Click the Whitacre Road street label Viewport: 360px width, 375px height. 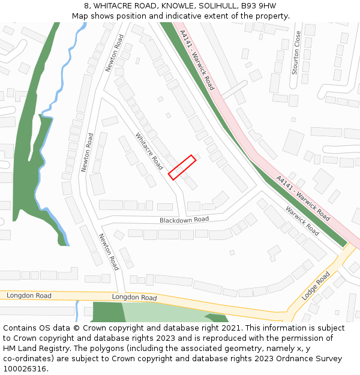[149, 151]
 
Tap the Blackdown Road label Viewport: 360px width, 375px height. [184, 220]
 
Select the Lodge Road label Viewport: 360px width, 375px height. [316, 286]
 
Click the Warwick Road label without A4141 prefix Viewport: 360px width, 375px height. [302, 221]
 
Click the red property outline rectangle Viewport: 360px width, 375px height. [182, 167]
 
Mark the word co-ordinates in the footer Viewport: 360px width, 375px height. [29, 359]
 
